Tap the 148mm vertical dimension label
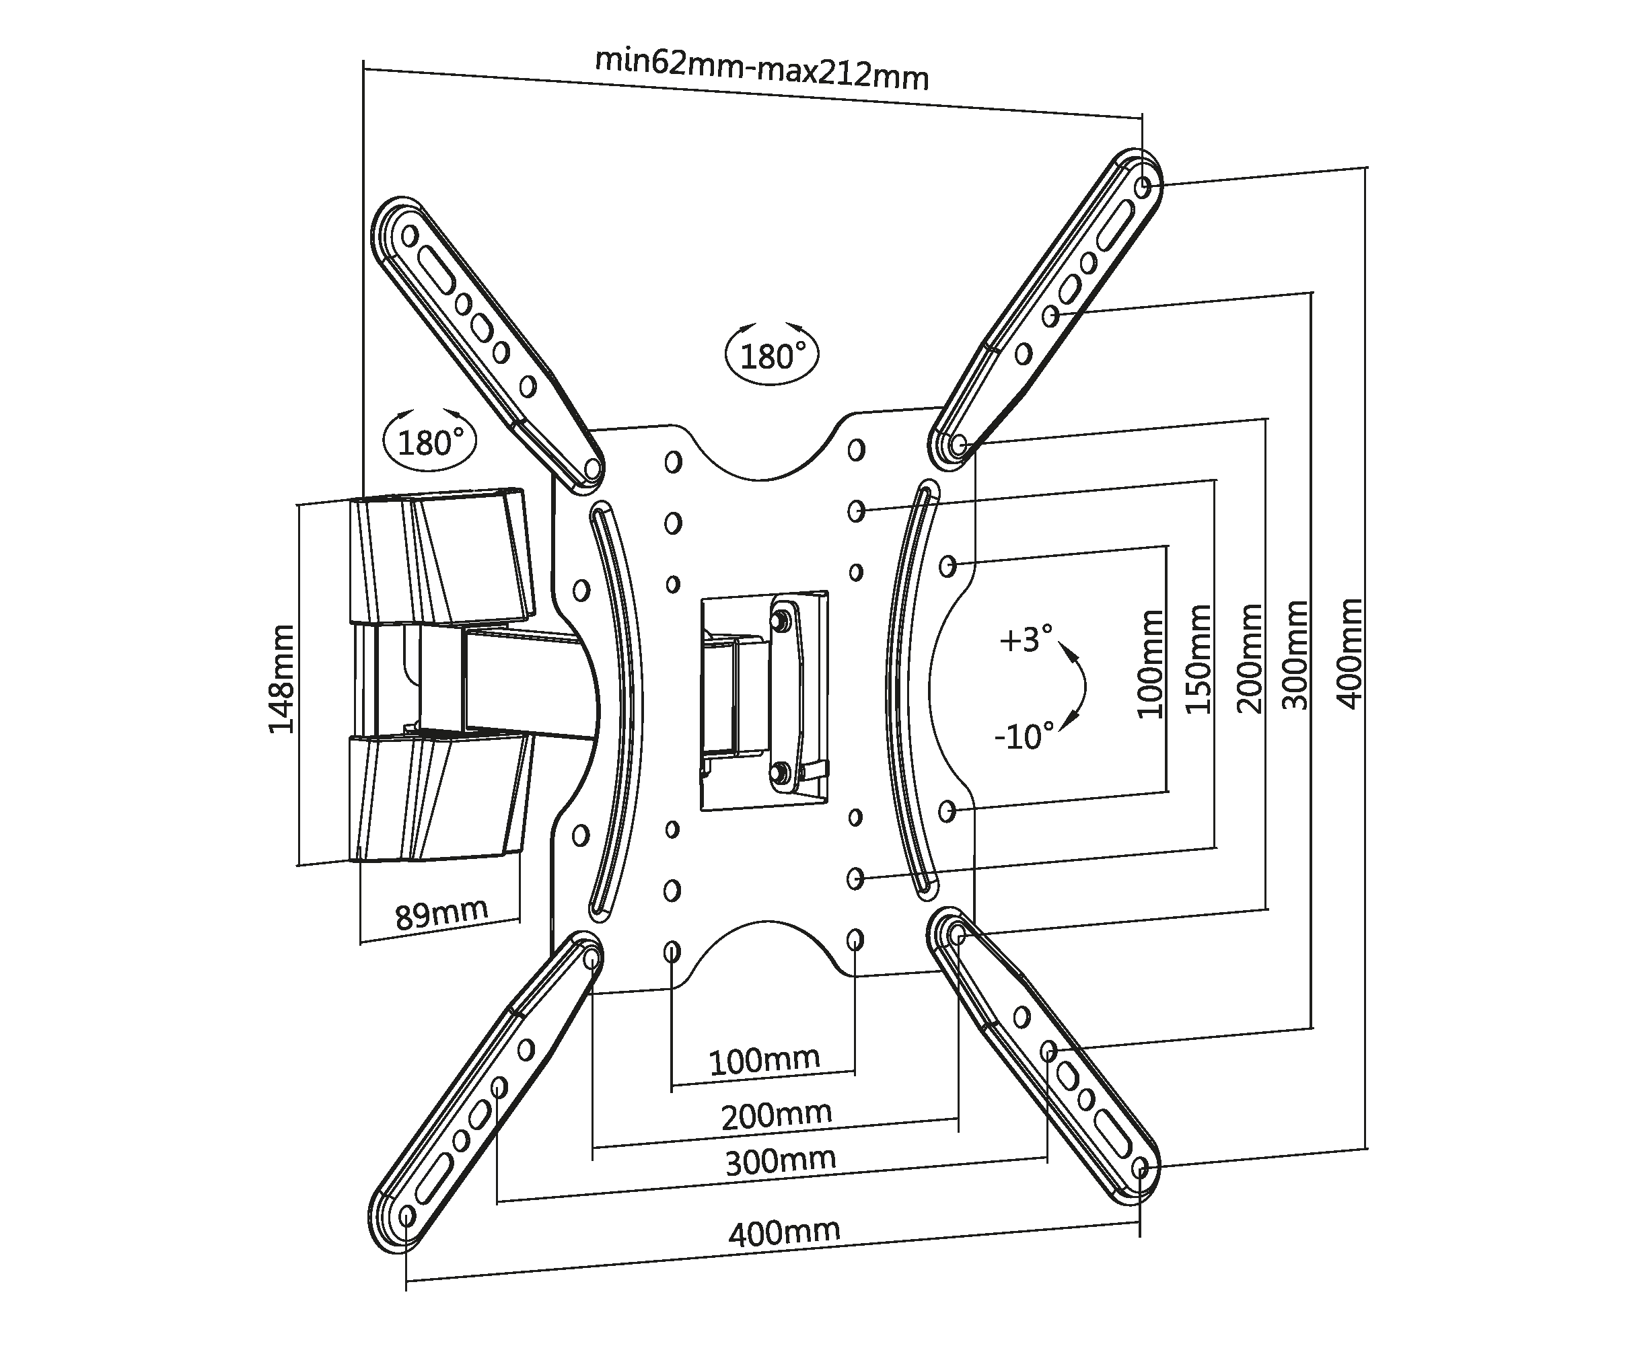tap(281, 679)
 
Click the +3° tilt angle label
tap(1026, 640)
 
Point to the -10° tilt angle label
tap(1024, 736)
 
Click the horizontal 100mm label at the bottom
tap(764, 1060)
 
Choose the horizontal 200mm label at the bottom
tap(777, 1115)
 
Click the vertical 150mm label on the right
tap(1198, 659)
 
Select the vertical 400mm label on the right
tap(1350, 654)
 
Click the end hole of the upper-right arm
tap(1143, 187)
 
